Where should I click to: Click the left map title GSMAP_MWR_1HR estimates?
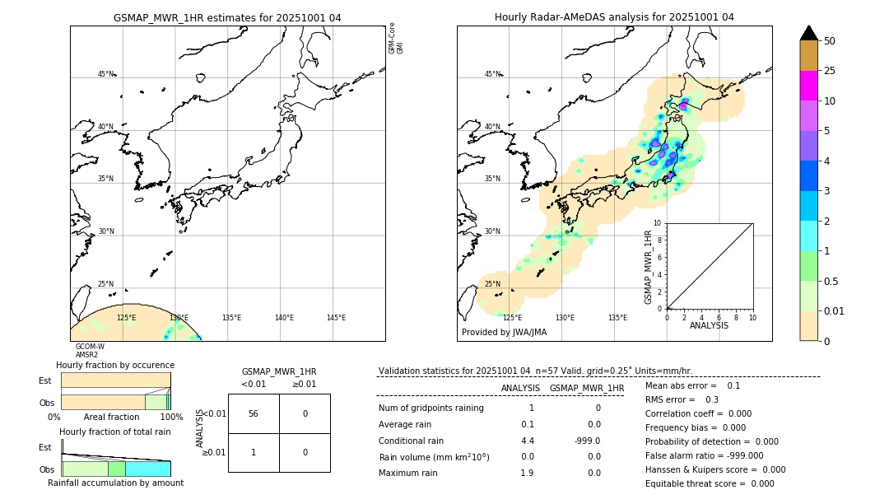tap(227, 17)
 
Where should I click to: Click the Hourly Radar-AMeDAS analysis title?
tap(614, 17)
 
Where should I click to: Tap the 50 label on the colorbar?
tap(830, 41)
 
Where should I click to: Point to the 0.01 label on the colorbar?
tap(835, 310)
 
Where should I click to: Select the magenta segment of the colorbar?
tap(808, 86)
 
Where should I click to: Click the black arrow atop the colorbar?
tap(808, 33)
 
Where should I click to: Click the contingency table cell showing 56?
tap(254, 413)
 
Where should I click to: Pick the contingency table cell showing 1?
tap(254, 452)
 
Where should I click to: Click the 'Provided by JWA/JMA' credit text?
tap(504, 333)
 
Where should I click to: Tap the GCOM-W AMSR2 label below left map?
tap(90, 351)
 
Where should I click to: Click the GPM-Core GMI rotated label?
tap(396, 39)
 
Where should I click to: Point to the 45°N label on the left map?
tap(106, 74)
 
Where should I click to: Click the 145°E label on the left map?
tap(336, 318)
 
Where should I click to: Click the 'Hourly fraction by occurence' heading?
tap(115, 365)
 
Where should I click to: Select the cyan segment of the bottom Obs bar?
tap(148, 469)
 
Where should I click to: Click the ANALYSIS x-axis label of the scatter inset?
tap(709, 325)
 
